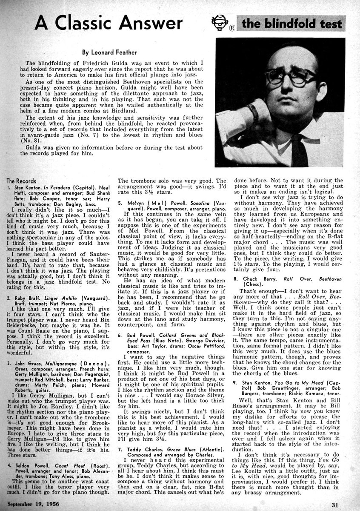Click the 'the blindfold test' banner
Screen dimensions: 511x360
point(291,23)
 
